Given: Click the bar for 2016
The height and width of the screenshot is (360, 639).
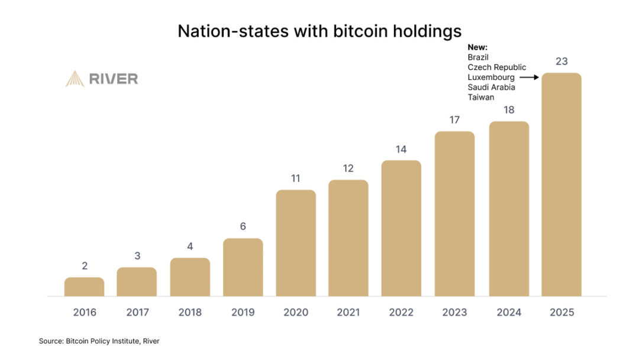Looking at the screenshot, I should (84, 287).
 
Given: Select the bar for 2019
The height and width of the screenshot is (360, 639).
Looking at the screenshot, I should (243, 267).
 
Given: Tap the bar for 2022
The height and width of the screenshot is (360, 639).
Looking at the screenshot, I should (401, 228).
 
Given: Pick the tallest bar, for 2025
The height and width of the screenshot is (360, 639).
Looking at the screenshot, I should (561, 184).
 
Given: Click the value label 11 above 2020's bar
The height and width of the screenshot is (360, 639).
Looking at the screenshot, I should (296, 178).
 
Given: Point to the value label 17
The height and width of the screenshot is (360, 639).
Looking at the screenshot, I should (454, 120).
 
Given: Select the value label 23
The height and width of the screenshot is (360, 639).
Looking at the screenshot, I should (561, 61).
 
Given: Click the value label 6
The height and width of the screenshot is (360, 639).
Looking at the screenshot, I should (243, 227).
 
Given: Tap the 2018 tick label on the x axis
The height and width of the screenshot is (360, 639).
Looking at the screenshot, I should (190, 313).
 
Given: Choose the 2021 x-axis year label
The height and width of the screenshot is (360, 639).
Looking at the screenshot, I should (348, 313).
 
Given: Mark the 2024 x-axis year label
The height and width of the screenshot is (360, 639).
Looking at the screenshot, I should (509, 313).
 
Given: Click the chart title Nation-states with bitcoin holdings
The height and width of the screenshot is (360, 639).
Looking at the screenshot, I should (319, 31).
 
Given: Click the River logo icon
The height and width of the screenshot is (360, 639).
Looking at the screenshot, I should (75, 79).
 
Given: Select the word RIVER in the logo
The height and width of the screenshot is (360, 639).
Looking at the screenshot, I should (113, 79).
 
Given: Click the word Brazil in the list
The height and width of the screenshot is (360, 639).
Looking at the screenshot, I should (478, 57).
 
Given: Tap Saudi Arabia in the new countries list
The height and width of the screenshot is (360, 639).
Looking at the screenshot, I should (491, 87).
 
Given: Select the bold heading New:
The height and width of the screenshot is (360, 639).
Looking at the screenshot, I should (476, 47).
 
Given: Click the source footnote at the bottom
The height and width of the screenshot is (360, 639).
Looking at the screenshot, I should (99, 341).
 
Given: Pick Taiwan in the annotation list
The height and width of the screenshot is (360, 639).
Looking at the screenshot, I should (480, 97).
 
